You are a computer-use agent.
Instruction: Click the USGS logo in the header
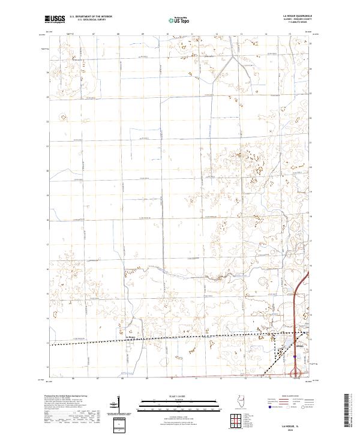point(55,19)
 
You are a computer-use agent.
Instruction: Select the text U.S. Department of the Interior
point(91,17)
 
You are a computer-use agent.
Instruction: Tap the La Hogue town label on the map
point(128,337)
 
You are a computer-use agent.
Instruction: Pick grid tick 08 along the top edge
point(118,34)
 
